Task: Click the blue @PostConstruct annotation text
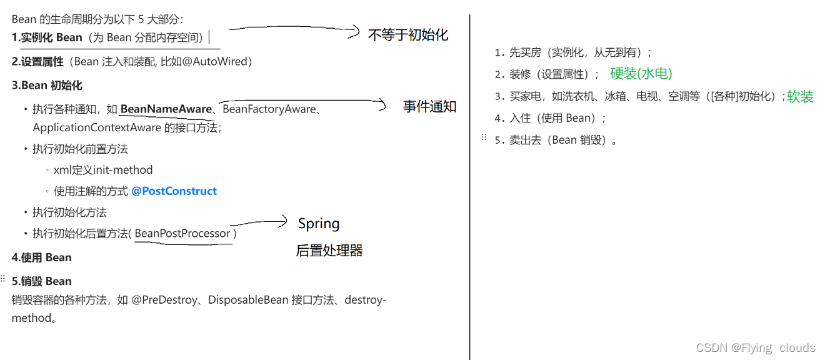174,191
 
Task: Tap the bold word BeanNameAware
166,109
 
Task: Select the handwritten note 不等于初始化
407,35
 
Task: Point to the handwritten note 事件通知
429,107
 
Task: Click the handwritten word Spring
319,224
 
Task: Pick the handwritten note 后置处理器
329,251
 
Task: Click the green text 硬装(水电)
641,74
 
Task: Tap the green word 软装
800,97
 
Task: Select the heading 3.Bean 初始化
47,86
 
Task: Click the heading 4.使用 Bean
42,257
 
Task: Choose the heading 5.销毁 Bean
42,281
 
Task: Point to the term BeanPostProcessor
182,234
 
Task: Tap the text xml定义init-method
103,170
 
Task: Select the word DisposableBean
248,300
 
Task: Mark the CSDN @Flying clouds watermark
756,348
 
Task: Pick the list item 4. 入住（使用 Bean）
549,118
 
